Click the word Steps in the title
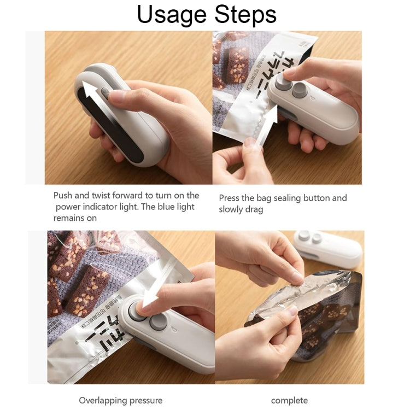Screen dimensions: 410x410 244,15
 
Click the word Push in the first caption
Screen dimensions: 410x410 63,195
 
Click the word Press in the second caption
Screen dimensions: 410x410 230,198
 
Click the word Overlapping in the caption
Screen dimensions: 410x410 103,400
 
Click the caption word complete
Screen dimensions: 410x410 289,400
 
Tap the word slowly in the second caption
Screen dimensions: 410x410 232,209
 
